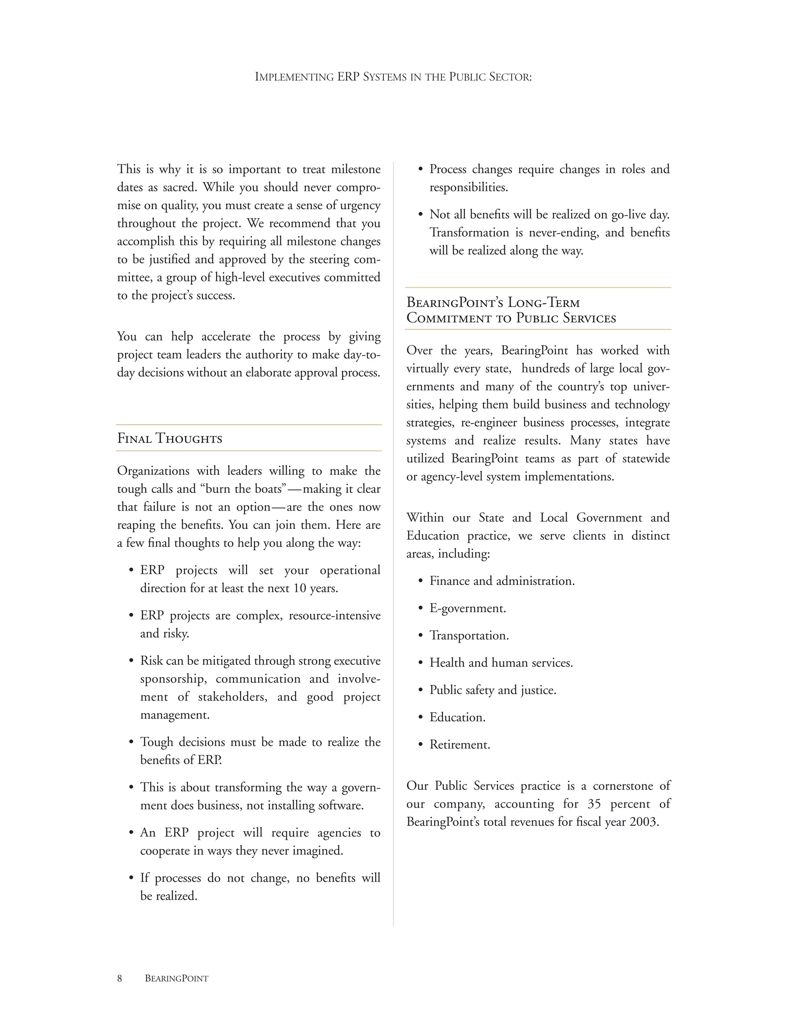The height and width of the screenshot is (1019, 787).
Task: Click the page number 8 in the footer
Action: coord(120,978)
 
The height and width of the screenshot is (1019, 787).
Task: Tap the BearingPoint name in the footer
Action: coord(176,978)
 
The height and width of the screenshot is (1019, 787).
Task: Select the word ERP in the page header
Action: coord(348,77)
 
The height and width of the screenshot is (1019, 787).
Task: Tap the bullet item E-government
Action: coord(467,608)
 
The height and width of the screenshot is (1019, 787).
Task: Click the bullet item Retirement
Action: coord(459,744)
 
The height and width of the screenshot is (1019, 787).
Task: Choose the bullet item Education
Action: coord(457,717)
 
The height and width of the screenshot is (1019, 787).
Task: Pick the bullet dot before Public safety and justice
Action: coord(420,690)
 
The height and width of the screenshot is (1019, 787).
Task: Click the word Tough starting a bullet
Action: coord(157,742)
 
